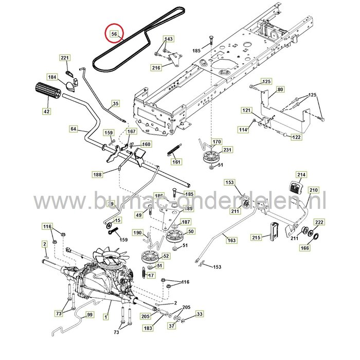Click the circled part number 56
(x=114, y=34)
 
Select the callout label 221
(x=65, y=58)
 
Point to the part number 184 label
(x=52, y=77)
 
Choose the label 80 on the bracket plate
(x=294, y=89)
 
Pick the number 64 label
(x=73, y=129)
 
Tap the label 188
(x=98, y=174)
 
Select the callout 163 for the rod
(x=231, y=240)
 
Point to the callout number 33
(x=200, y=314)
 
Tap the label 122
(x=311, y=137)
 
